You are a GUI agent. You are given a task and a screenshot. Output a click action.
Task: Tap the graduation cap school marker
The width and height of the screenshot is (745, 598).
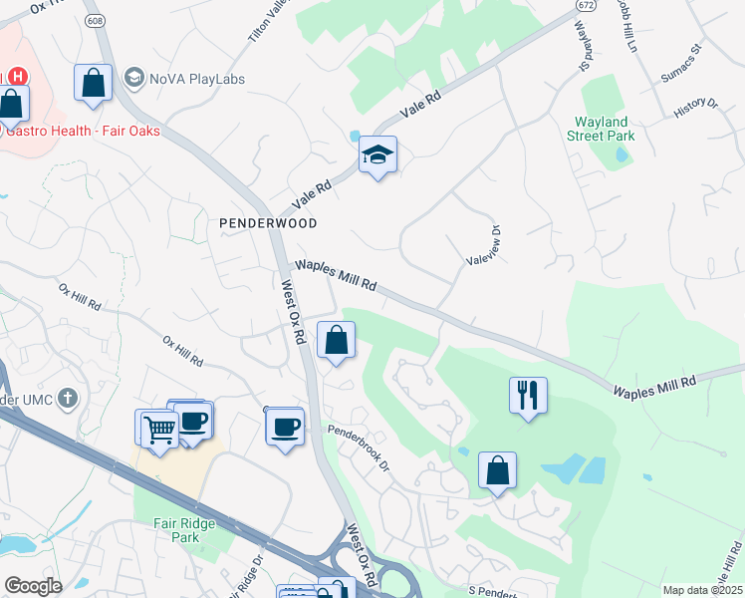pos(377,155)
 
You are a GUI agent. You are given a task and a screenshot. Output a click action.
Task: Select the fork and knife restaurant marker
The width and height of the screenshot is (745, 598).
pos(528,396)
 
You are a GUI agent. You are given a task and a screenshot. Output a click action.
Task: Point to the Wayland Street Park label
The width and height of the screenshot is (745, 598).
pos(604,129)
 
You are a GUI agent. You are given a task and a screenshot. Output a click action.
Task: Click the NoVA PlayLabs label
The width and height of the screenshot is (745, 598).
pos(197,78)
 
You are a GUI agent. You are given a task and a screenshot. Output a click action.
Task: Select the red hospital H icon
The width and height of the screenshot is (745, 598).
pos(17,76)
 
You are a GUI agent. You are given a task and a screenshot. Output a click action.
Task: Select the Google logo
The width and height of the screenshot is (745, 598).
pos(33,586)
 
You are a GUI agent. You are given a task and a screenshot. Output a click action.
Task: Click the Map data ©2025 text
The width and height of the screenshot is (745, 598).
pos(701,590)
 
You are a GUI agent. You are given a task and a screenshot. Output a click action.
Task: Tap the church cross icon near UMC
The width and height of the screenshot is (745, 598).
pos(67,400)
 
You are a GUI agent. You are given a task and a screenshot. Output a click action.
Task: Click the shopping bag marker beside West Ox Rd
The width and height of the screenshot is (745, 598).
pos(338,341)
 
